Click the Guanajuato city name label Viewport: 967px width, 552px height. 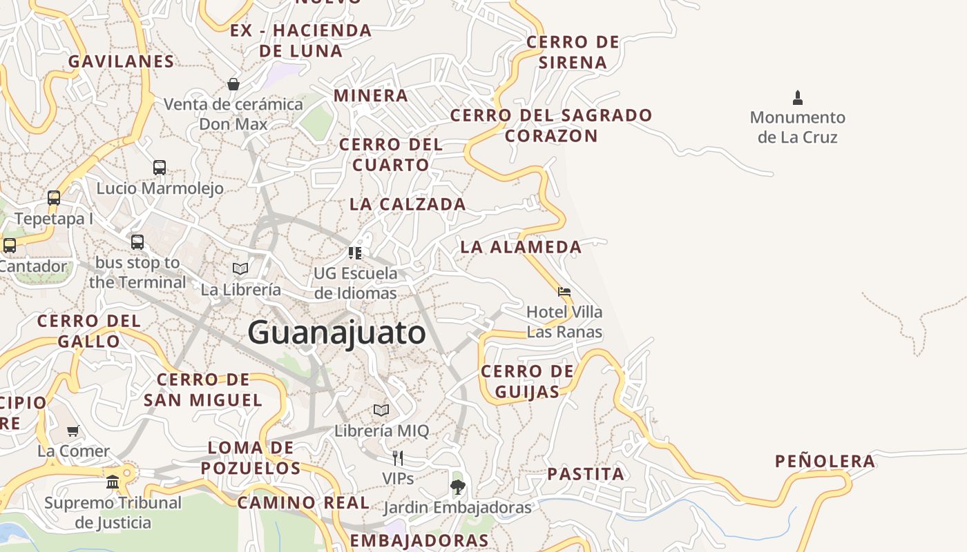point(337,333)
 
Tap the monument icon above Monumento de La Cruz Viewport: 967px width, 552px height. point(798,97)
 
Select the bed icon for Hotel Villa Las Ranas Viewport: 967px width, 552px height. point(564,292)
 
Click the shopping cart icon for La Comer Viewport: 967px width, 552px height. point(73,431)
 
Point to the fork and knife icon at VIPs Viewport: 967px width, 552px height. point(398,457)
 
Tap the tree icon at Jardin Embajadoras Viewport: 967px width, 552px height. point(457,487)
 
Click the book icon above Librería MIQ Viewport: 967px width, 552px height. point(381,411)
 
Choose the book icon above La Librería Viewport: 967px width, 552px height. point(240,268)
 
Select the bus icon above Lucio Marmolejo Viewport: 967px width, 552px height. point(160,168)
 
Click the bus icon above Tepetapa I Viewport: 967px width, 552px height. point(54,198)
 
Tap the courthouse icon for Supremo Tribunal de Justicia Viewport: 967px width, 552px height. point(113,482)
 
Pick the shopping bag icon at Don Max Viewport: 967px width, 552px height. point(233,84)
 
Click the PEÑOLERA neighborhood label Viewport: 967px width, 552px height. point(825,462)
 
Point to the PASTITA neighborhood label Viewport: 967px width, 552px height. point(586,474)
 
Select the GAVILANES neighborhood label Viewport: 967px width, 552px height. point(122,61)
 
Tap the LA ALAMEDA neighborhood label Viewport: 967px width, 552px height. point(521,246)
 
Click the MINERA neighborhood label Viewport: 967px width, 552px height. point(371,95)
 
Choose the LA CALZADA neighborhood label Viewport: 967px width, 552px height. point(408,204)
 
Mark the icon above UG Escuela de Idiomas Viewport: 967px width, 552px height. point(355,253)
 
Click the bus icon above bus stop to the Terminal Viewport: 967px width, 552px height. point(137,242)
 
